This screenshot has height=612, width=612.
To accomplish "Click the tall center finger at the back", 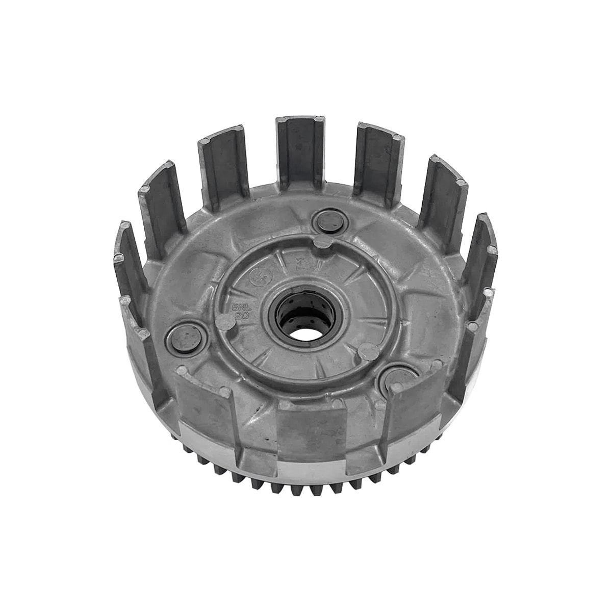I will [x=300, y=153].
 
